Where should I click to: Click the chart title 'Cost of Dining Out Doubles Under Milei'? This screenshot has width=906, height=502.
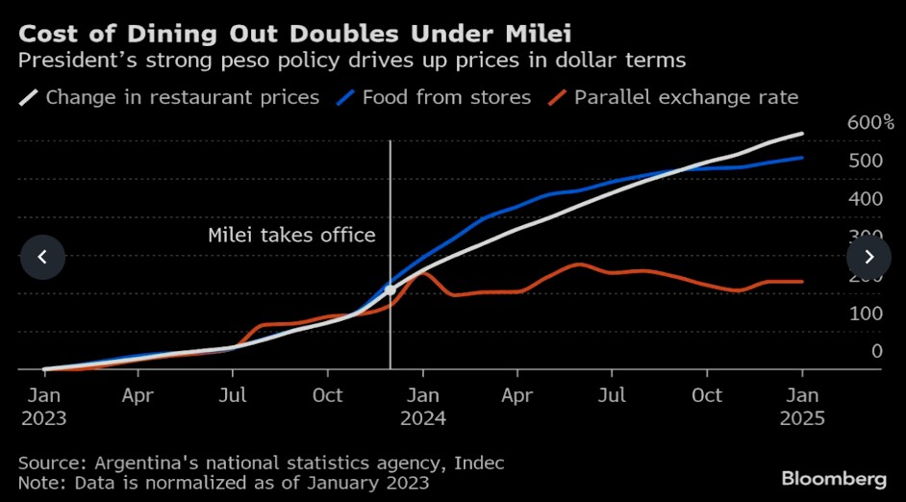click(295, 35)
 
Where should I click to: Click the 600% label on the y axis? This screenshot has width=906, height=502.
click(870, 122)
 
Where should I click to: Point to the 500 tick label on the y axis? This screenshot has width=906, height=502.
click(865, 161)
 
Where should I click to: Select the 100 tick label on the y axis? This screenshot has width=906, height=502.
click(865, 314)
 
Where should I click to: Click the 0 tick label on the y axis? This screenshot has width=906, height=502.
click(876, 351)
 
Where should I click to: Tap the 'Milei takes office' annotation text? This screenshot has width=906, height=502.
click(291, 235)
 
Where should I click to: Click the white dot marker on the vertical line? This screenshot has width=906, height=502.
click(390, 289)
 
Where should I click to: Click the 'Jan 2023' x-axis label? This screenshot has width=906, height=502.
click(44, 407)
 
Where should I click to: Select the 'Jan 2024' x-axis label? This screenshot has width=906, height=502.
click(423, 407)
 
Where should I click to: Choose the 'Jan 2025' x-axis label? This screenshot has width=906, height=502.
click(802, 407)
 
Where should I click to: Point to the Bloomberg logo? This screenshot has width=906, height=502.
click(834, 478)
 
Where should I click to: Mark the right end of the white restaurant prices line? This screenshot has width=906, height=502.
click(803, 134)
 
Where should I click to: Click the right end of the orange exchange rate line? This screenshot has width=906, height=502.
click(803, 282)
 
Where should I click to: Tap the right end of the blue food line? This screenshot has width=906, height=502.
click(803, 158)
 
